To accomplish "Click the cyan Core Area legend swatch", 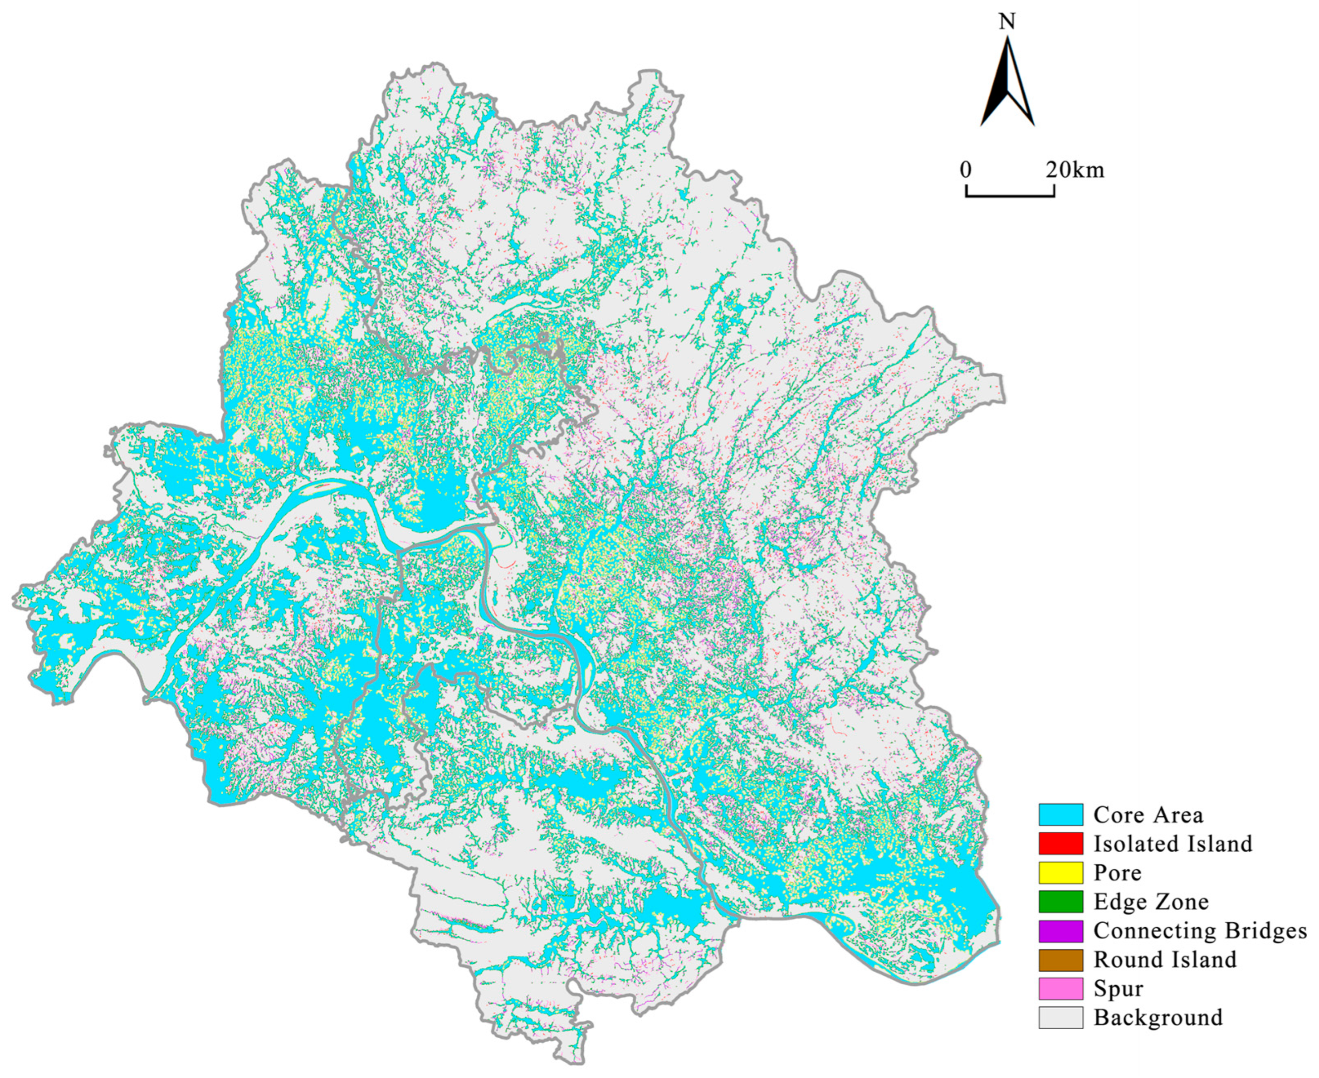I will coord(1060,814).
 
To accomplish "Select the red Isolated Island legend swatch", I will coord(1060,843).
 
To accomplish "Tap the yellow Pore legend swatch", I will coord(1060,873).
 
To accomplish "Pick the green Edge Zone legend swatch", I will coord(1060,901).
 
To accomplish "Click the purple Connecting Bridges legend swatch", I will coord(1060,930).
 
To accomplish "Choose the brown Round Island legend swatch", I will coord(1060,959).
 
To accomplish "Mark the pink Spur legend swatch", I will coord(1060,988).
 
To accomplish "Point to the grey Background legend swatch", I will coord(1060,1017).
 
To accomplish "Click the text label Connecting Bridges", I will coord(1200,930).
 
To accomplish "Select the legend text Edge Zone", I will coord(1151,901).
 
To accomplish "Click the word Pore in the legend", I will coord(1117,873).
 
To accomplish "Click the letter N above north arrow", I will coord(1007,22).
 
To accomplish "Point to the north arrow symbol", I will coord(1007,84).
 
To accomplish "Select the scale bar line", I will coord(1010,195).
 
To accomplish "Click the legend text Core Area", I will coord(1148,814).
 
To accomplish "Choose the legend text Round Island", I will coord(1165,959).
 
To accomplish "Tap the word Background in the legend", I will coord(1158,1017).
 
